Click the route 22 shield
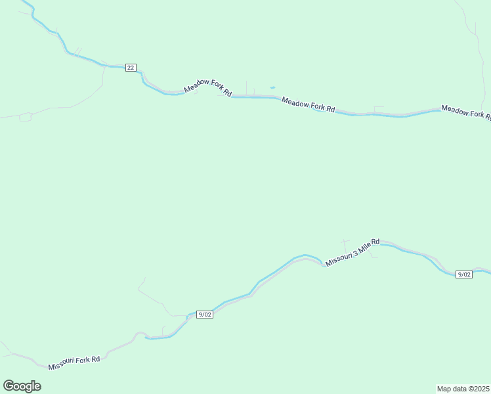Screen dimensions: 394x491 (131, 67)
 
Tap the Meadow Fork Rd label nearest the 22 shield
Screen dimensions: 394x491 (208, 87)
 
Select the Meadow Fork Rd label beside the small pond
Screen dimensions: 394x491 (309, 104)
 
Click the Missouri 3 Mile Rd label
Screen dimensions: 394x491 (352, 252)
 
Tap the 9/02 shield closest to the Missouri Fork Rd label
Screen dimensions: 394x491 (205, 315)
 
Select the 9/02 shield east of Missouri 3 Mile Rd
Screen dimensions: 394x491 (464, 274)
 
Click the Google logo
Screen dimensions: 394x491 (22, 386)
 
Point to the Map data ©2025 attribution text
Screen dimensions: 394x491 (463, 388)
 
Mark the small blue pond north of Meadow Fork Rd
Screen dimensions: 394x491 (272, 87)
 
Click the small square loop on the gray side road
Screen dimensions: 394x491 (26, 117)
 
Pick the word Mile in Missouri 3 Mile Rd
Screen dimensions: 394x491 (364, 247)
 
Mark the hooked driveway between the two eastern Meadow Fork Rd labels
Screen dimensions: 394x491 (377, 108)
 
